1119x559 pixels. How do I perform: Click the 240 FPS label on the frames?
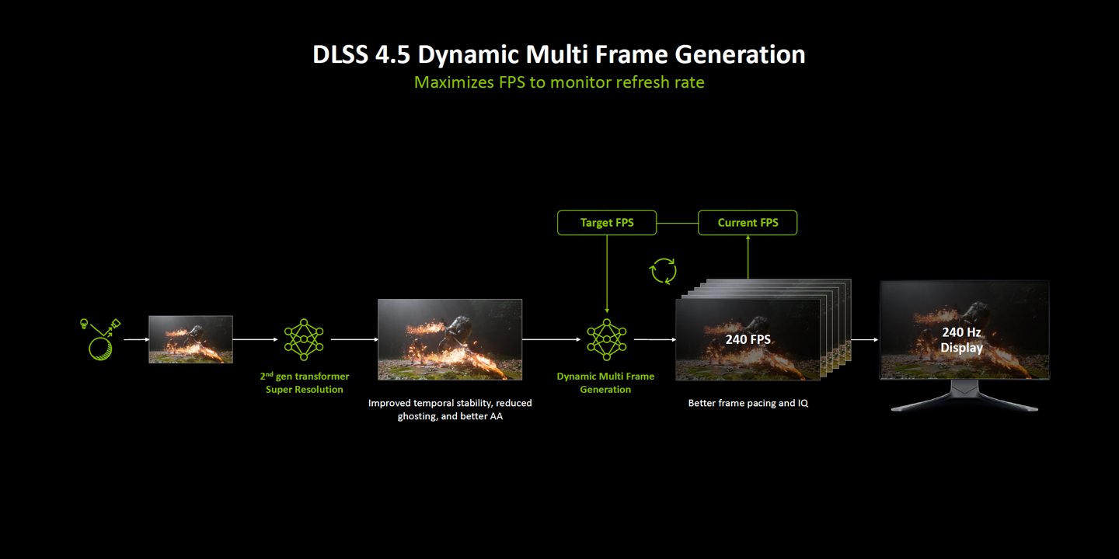click(x=748, y=339)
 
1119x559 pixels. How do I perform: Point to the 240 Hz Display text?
click(x=962, y=340)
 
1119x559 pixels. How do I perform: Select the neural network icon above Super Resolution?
click(x=304, y=339)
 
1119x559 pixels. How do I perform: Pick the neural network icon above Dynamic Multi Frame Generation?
click(x=606, y=339)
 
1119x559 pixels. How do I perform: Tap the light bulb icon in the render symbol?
click(x=84, y=324)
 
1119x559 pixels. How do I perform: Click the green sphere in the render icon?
click(x=100, y=349)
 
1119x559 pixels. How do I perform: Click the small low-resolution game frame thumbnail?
click(x=191, y=339)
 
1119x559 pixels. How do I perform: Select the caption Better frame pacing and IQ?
click(x=748, y=403)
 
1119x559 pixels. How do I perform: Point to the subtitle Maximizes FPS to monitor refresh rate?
click(x=559, y=82)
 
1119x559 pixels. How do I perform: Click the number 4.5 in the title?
click(x=392, y=54)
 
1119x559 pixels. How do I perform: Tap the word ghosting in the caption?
click(x=417, y=416)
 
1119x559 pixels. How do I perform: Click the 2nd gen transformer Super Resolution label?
click(x=305, y=383)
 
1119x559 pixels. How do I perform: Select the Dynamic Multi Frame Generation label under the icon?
click(x=605, y=383)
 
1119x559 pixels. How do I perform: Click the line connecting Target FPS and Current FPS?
click(x=678, y=223)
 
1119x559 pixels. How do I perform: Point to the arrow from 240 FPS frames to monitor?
click(x=864, y=339)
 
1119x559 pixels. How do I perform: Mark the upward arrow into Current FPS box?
click(x=748, y=257)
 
